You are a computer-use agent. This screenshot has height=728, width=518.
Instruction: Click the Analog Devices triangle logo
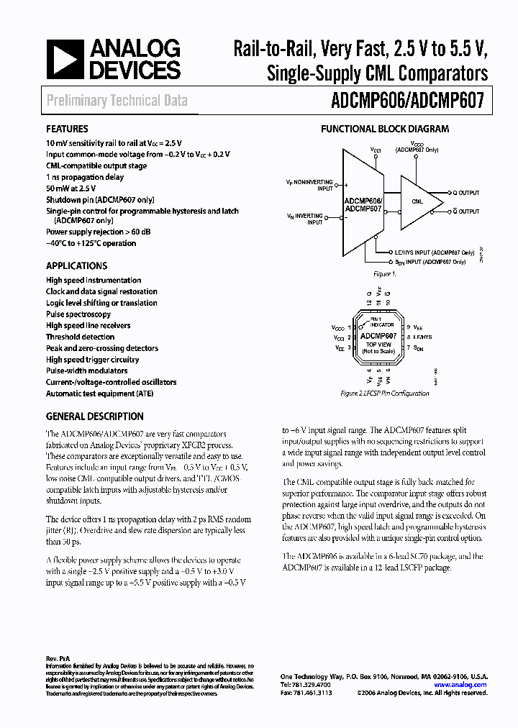[x=64, y=60]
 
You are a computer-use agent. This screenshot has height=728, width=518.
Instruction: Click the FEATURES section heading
[x=67, y=129]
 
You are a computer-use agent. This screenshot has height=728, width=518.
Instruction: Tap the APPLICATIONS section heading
[x=76, y=265]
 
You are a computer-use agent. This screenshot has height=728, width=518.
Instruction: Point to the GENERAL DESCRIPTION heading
[x=94, y=417]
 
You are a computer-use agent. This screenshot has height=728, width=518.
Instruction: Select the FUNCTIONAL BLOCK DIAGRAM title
[x=384, y=129]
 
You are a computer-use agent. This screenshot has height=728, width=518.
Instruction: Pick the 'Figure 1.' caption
[x=383, y=274]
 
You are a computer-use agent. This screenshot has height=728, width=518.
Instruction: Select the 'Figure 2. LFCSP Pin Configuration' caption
[x=384, y=393]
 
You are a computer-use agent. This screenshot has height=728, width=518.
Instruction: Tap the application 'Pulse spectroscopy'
[x=78, y=314]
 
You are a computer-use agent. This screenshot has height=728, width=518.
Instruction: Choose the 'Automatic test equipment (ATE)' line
[x=100, y=393]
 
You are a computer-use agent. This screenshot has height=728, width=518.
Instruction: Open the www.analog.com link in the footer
[x=465, y=685]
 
